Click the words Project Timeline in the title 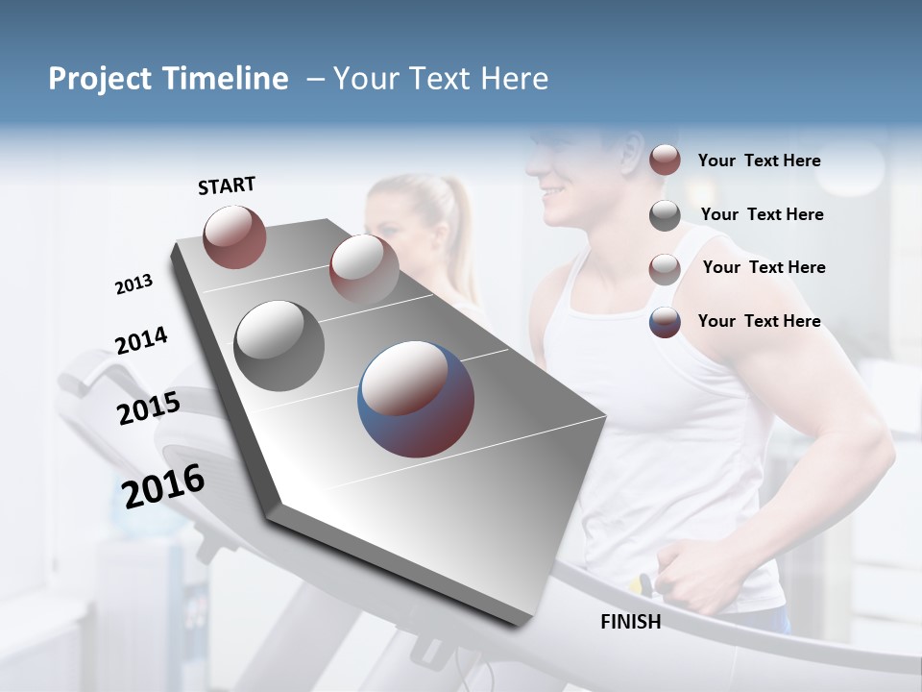tap(168, 79)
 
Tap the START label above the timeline tap(227, 185)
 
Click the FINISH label tap(630, 622)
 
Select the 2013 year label tap(133, 284)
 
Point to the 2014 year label tap(141, 341)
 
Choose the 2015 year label tap(148, 409)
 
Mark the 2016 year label tap(163, 486)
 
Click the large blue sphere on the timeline tap(416, 399)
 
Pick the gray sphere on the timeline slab tap(279, 346)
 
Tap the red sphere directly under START tap(234, 236)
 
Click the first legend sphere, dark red tap(665, 161)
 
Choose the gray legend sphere tap(665, 215)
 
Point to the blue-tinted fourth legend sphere tap(665, 322)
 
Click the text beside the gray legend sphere tap(762, 214)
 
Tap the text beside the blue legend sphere tap(759, 321)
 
